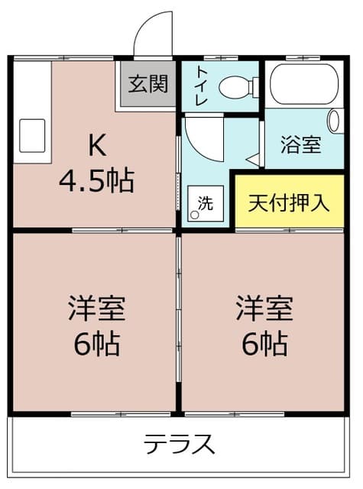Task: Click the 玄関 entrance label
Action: (x=147, y=84)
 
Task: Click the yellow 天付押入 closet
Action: (x=290, y=203)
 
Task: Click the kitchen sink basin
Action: (x=30, y=135)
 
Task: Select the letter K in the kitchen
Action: (x=96, y=144)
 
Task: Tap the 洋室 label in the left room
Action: (x=96, y=309)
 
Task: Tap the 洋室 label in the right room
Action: (x=264, y=309)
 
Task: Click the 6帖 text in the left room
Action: (x=96, y=345)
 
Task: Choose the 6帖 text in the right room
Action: (x=264, y=345)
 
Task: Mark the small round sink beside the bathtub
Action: (x=334, y=120)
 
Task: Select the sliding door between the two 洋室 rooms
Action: (x=179, y=321)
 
